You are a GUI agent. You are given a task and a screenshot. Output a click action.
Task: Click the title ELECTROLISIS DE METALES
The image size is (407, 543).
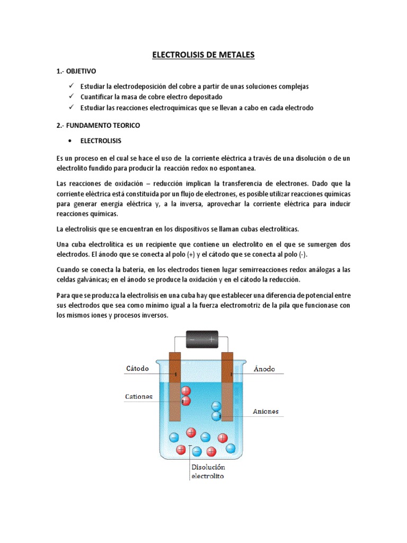[x=203, y=55]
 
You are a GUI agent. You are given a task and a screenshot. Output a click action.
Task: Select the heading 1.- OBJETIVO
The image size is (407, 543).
[x=76, y=71]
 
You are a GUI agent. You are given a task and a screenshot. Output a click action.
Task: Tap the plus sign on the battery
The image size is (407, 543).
[x=212, y=338]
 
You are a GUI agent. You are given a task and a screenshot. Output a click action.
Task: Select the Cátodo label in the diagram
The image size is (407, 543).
[x=137, y=368]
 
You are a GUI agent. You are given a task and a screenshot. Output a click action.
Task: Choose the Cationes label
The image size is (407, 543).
[x=139, y=396]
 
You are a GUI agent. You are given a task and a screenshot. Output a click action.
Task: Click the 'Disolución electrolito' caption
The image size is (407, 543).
[x=208, y=471]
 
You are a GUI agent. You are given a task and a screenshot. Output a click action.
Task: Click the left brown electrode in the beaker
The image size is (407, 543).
[x=175, y=384]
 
